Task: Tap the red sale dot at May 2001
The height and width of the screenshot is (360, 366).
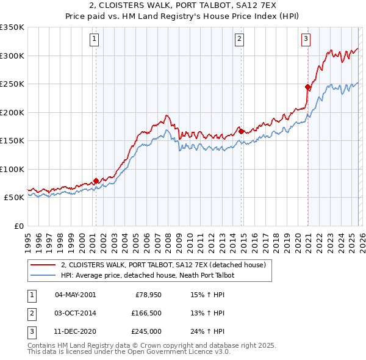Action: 96,181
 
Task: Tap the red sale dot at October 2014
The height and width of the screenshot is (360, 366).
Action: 242,131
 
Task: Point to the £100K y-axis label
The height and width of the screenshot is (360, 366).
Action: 12,169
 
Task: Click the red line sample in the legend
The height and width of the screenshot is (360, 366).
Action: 45,265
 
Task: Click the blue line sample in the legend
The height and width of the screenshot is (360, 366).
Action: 45,276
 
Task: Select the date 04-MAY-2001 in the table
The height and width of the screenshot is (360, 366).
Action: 75,295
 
